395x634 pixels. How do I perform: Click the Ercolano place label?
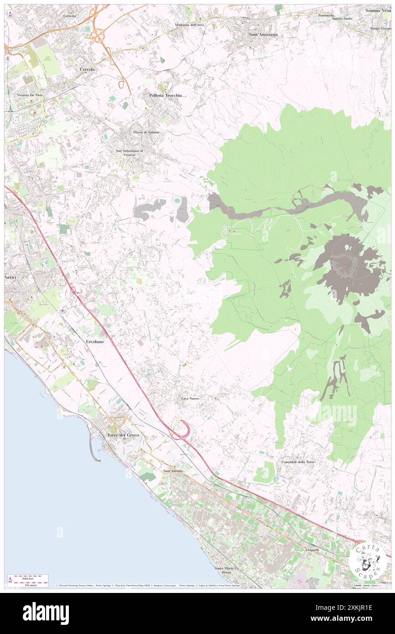pyautogui.click(x=95, y=341)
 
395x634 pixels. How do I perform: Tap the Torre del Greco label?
pyautogui.click(x=123, y=435)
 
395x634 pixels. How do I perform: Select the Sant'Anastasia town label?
pyautogui.click(x=263, y=34)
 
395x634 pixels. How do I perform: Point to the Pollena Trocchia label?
pyautogui.click(x=166, y=95)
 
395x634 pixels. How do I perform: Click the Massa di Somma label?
pyautogui.click(x=146, y=132)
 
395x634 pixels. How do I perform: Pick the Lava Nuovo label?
pyautogui.click(x=190, y=398)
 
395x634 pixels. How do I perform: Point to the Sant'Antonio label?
pyautogui.click(x=173, y=470)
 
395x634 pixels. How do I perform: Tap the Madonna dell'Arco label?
pyautogui.click(x=191, y=25)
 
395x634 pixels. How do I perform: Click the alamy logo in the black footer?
pyautogui.click(x=46, y=613)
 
